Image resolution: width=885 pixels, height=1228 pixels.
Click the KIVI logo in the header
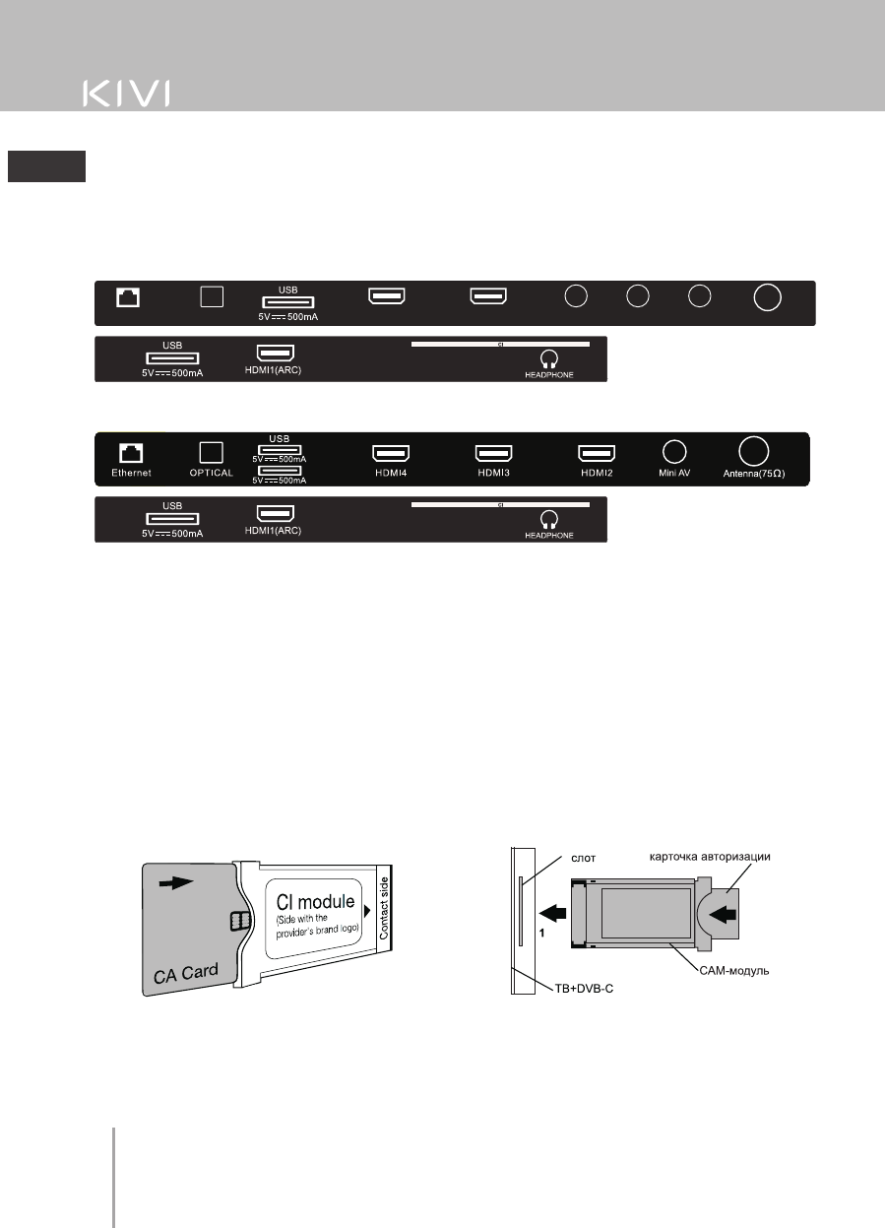point(125,94)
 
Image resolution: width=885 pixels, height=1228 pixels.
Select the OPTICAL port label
point(212,473)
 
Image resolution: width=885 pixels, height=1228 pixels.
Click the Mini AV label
point(674,473)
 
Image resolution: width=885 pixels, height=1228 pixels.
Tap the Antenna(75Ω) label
point(752,474)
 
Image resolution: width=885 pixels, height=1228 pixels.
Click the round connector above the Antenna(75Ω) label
point(752,450)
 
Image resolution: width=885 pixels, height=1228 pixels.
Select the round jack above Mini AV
point(674,451)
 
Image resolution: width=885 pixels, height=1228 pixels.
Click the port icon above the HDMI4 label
point(390,453)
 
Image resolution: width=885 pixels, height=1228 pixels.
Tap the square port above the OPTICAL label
point(212,452)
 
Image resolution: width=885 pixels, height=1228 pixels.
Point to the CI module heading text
point(312,900)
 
